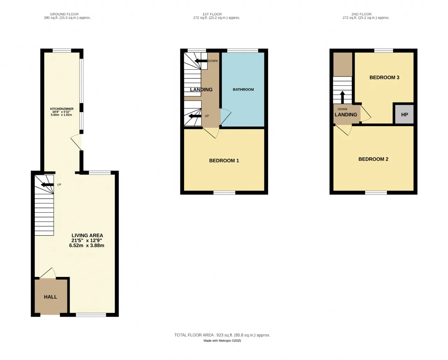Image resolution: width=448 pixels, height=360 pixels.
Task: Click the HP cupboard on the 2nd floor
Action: [x=404, y=114]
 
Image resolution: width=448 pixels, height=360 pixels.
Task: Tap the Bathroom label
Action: [x=243, y=90]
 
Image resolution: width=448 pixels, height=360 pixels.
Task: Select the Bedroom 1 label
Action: [x=224, y=161]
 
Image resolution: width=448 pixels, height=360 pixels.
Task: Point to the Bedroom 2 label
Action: [x=373, y=159]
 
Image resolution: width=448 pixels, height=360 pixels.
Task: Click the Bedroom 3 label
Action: [x=384, y=77]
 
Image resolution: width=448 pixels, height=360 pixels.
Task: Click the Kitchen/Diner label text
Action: [x=62, y=109]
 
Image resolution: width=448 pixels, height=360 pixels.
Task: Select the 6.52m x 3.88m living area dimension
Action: [x=86, y=246]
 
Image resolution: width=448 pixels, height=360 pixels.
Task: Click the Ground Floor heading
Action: [x=64, y=14]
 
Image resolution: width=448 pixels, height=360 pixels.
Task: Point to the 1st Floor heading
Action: [x=212, y=14]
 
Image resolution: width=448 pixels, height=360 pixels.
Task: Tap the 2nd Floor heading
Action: [x=362, y=14]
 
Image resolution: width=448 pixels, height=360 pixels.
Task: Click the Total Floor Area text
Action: [x=222, y=335]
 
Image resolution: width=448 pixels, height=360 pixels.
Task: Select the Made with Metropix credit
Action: [x=222, y=341]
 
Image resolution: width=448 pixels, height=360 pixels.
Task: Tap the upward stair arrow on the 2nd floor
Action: [x=342, y=97]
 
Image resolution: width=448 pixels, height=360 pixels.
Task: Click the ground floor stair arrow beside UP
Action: [x=48, y=185]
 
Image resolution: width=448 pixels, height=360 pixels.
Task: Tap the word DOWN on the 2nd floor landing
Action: [x=342, y=109]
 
